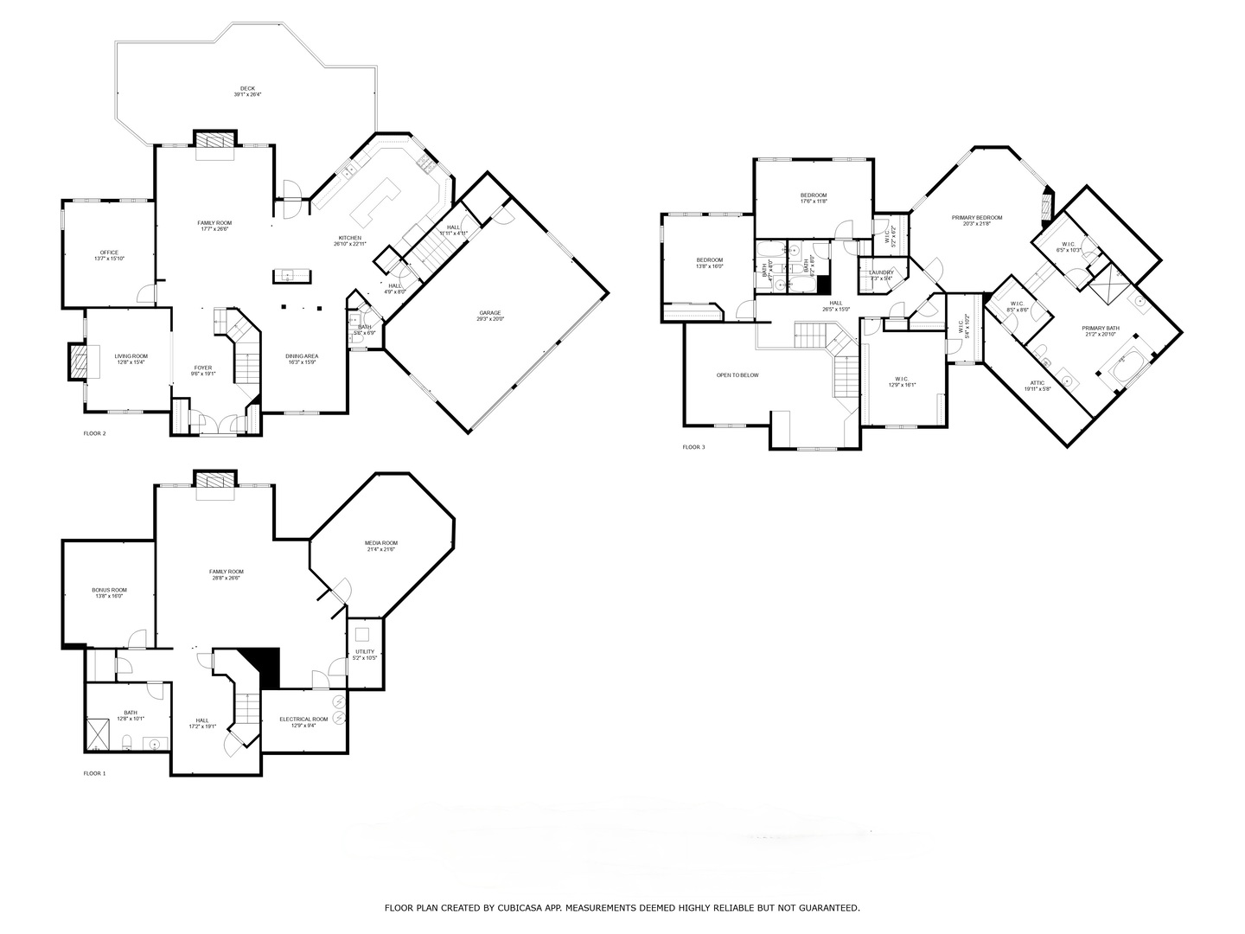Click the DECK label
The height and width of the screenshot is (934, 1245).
[x=247, y=88]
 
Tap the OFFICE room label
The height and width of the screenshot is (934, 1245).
[x=109, y=253]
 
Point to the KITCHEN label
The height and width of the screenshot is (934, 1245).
[x=350, y=238]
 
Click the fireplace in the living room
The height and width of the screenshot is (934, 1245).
[x=78, y=362]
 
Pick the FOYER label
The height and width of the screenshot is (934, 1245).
[x=203, y=368]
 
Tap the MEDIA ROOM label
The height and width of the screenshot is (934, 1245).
[x=381, y=543]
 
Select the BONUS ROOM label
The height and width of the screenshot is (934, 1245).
[x=109, y=590]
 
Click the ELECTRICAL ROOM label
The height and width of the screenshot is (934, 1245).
[x=303, y=720]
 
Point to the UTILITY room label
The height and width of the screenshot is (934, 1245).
[x=365, y=652]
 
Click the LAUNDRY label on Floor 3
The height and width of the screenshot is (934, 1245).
[x=881, y=272]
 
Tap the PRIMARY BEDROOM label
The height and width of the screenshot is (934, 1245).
[x=977, y=217]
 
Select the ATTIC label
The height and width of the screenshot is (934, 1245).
[x=1037, y=383]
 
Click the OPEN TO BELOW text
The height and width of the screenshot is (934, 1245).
[x=737, y=375]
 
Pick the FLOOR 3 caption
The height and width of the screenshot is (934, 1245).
[x=693, y=447]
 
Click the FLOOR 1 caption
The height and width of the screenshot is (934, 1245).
[x=94, y=773]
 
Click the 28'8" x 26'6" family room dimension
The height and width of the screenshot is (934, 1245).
[x=226, y=578]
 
